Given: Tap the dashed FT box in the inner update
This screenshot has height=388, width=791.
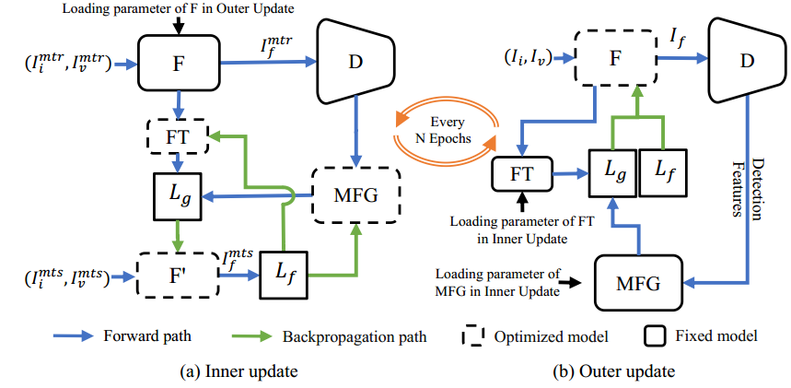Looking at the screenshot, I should [x=179, y=136].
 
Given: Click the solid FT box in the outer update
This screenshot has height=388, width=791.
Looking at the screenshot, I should [x=522, y=172].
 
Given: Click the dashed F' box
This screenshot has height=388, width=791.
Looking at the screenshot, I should [x=177, y=275].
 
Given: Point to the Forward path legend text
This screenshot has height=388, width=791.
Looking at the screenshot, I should [x=145, y=336].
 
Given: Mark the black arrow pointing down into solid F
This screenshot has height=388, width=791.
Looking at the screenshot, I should [x=177, y=27].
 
